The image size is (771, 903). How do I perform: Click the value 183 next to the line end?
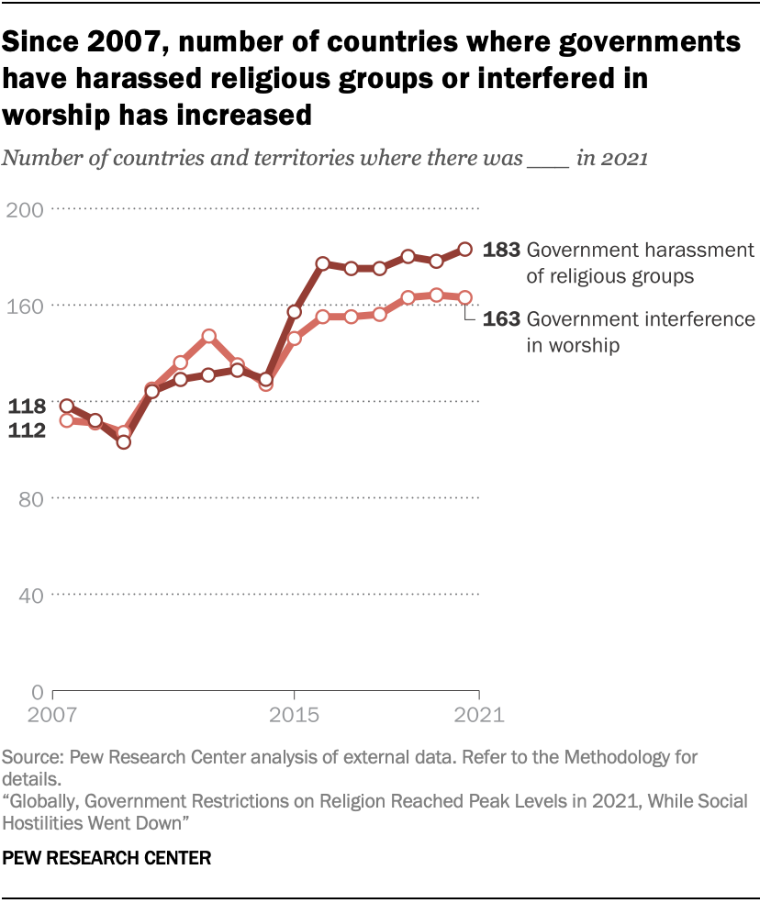502,249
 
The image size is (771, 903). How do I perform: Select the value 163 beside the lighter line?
502,319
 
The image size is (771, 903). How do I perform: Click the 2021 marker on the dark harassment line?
465,249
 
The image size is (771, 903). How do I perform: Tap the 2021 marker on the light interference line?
465,297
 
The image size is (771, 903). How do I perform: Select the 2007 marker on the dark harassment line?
66,406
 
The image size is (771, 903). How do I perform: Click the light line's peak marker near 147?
209,337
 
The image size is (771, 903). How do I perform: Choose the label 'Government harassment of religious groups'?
640,262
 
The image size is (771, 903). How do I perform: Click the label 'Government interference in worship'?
641,332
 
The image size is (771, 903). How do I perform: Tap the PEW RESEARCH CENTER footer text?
107,859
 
